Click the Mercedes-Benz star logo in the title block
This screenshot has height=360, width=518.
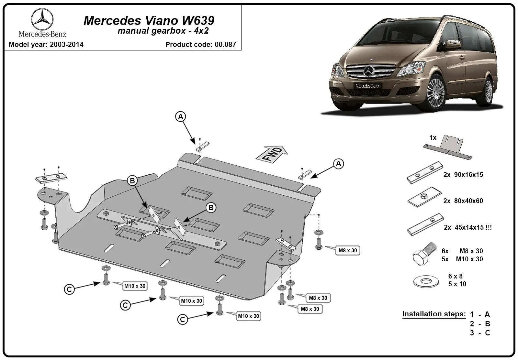coord(42,19)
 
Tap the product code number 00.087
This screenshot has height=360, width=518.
coord(225,44)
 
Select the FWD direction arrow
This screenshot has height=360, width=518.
coord(272,154)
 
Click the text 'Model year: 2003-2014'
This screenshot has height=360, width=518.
coord(46,44)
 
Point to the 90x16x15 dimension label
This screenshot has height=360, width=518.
coord(468,175)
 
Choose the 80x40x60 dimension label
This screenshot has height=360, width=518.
coord(468,201)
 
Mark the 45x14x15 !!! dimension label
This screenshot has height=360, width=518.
coord(473,227)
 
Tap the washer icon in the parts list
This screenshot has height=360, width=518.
coord(426,281)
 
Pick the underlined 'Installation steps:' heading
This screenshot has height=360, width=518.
coord(434,314)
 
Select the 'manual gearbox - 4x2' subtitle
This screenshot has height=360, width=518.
coord(163,30)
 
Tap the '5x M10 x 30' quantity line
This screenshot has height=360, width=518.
coord(462,259)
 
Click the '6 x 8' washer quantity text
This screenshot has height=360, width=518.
coord(455,276)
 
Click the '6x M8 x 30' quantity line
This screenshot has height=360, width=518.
coord(462,251)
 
